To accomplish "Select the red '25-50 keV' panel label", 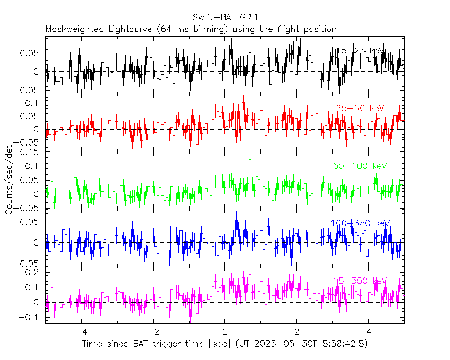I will point(360,109).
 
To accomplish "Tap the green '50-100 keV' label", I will point(360,166).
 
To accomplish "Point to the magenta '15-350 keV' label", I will point(360,281).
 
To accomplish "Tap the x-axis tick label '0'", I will point(225,334).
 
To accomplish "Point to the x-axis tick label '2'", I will point(297,334).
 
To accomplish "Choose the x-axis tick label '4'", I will point(369,334).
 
